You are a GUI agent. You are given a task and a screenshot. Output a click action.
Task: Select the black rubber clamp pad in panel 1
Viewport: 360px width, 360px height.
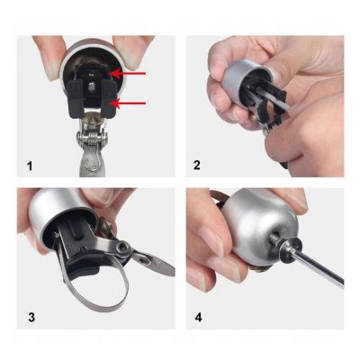(90, 94)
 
